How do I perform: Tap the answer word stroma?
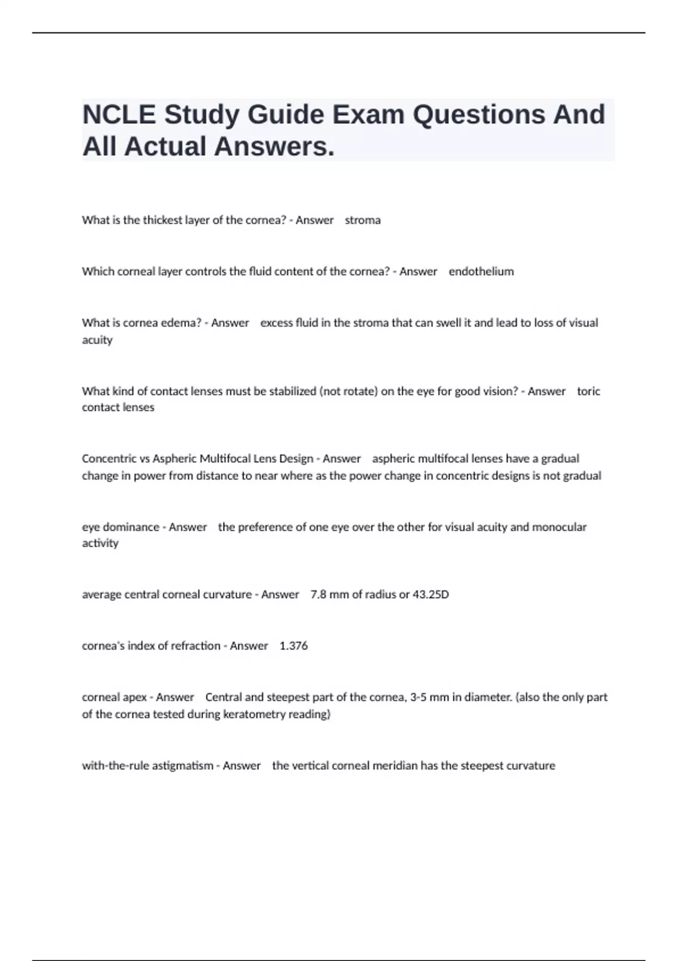pos(363,220)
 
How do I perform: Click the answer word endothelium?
pos(481,272)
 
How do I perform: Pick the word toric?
pos(588,391)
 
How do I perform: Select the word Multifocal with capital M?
pos(226,459)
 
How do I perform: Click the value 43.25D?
pos(431,595)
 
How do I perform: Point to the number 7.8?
pos(318,595)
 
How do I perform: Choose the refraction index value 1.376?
pos(294,646)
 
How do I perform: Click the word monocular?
pos(559,527)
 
